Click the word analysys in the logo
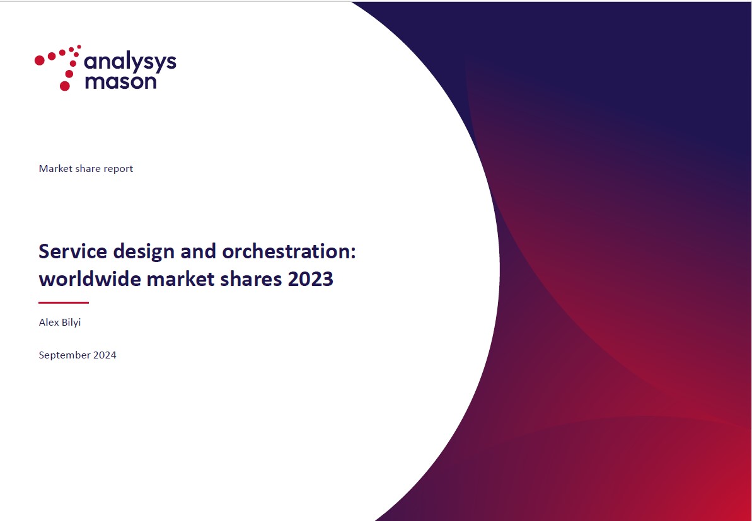[x=130, y=64]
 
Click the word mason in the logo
[x=120, y=81]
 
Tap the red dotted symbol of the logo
[x=58, y=67]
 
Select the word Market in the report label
[x=55, y=169]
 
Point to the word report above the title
[x=118, y=169]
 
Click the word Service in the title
[x=73, y=251]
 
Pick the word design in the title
[x=144, y=252]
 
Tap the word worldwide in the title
[x=90, y=278]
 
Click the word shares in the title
[x=252, y=278]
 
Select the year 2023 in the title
[x=311, y=279]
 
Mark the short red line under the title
[x=64, y=302]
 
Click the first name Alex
[x=48, y=322]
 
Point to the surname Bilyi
[x=71, y=323]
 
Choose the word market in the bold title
[x=180, y=278]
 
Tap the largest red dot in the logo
[x=65, y=86]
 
